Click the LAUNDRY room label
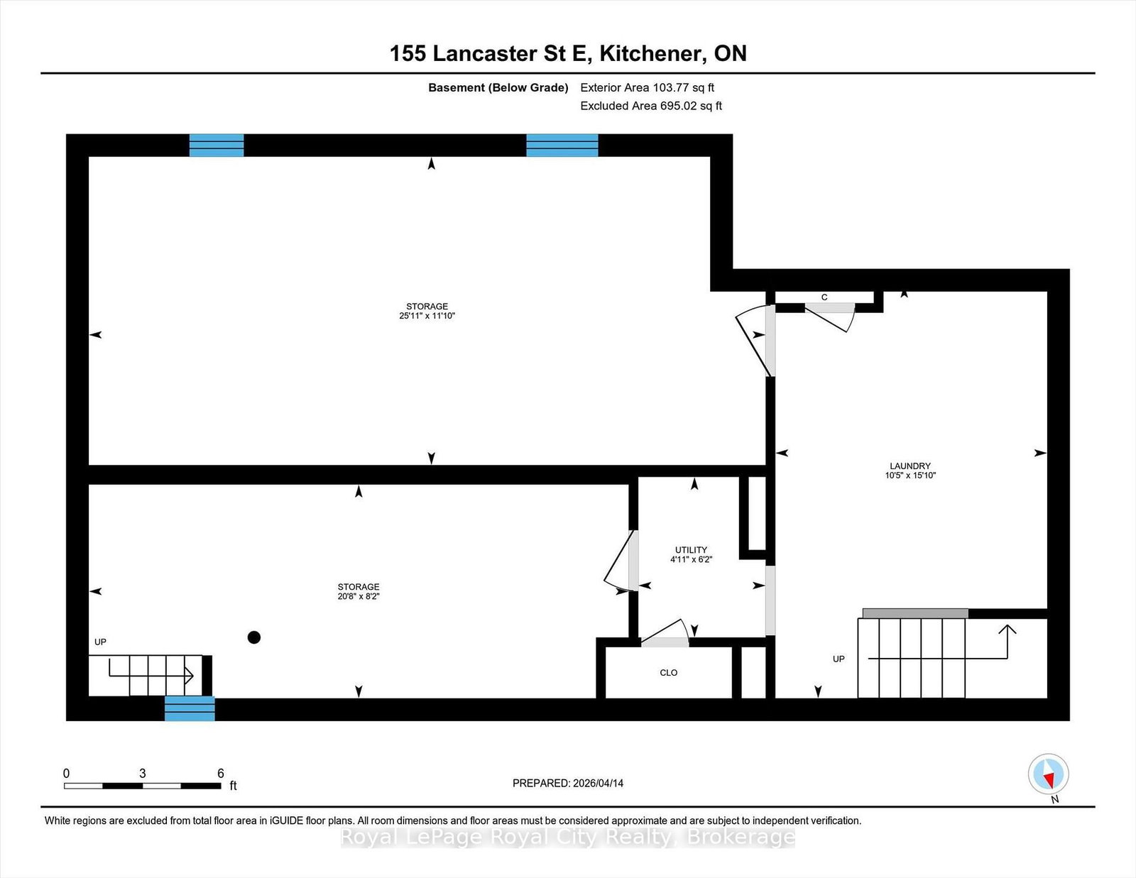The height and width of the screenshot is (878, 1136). [x=910, y=466]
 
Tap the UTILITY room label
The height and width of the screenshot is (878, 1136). [x=691, y=550]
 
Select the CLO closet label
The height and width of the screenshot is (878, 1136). [x=669, y=673]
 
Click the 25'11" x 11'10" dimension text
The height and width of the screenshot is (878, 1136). [x=427, y=316]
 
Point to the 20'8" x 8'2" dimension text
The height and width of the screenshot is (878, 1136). [x=359, y=597]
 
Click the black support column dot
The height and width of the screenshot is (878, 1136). [x=254, y=637]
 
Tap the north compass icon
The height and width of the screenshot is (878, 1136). [x=1049, y=774]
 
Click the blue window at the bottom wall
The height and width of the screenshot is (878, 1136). [x=190, y=708]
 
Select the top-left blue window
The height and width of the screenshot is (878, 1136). [x=217, y=145]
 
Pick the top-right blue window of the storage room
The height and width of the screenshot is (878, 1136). [x=562, y=145]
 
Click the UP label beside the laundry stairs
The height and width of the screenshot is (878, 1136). [x=839, y=659]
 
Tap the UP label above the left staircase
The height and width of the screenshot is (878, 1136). [x=100, y=642]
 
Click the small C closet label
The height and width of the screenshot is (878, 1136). [x=824, y=297]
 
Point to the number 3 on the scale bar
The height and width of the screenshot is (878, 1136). [x=143, y=774]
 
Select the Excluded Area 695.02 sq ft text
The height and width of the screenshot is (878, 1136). [x=651, y=106]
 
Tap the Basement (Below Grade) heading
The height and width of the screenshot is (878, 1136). [x=498, y=88]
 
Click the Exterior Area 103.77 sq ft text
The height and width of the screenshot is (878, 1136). [x=648, y=88]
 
